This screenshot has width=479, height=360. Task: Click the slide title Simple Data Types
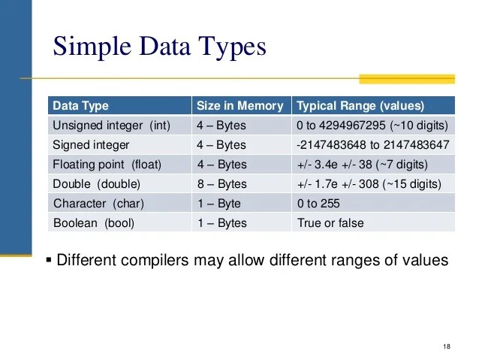coord(159,47)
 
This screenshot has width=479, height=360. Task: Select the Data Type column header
coord(80,106)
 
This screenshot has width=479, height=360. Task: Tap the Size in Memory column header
coord(239,106)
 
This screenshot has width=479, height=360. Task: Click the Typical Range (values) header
coord(360,106)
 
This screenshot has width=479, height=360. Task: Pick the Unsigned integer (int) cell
coord(111,125)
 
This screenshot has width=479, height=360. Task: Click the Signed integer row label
coord(91,144)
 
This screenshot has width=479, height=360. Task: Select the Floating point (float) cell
coord(107,164)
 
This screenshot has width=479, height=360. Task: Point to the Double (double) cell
coord(97,183)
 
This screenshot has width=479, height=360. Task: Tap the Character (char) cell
coord(98,203)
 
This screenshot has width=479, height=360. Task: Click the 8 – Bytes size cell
coord(221,183)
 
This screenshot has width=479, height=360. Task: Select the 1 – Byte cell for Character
coord(218,203)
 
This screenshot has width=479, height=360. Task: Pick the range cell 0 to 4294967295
coord(372,125)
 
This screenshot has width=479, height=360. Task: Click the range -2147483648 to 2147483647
coord(372,144)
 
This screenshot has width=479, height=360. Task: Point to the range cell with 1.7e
coord(367,183)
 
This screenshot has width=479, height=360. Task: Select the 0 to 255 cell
coord(318,203)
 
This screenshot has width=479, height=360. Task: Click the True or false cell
coord(330,222)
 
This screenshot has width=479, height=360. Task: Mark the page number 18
coord(447,346)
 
